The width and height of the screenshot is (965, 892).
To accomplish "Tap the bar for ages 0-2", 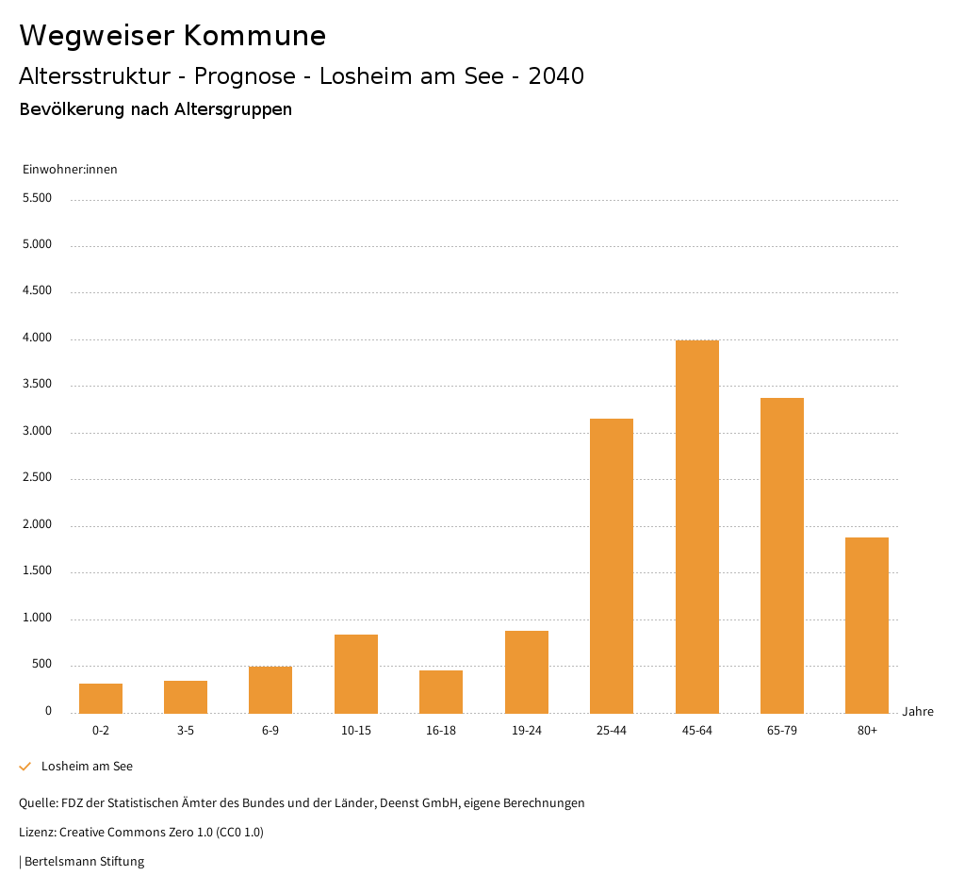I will pos(101,698).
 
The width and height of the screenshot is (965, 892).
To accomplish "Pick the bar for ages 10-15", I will pos(356,673).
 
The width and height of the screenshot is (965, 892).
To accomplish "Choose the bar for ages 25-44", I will pos(612,566).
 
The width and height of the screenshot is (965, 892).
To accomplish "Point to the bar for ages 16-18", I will pos(441,691).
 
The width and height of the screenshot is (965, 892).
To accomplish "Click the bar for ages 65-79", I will pos(782,555).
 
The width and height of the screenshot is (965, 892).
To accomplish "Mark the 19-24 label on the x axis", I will pos(527,731).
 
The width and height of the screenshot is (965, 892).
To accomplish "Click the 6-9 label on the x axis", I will pos(270,731).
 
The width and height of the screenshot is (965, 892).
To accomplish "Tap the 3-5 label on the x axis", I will pos(186,731).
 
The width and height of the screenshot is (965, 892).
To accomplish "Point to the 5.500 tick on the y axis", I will pos(37,198).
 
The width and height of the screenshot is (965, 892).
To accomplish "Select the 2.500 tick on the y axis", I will pos(37,478).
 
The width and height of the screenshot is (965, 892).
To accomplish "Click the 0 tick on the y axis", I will pos(48,711).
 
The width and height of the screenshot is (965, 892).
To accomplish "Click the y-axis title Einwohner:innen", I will pos(70,170).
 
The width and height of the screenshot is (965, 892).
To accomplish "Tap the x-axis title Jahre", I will pos(918,712).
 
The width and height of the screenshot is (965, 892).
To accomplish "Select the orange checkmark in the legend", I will pos(25,767).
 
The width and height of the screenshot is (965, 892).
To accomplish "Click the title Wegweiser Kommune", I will pos(172,36).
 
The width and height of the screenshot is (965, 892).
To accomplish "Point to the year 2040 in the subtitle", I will pos(556,76).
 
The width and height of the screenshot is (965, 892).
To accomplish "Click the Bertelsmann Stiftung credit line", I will pos(83,861).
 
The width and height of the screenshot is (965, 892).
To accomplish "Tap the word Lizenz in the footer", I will pos(37,833).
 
